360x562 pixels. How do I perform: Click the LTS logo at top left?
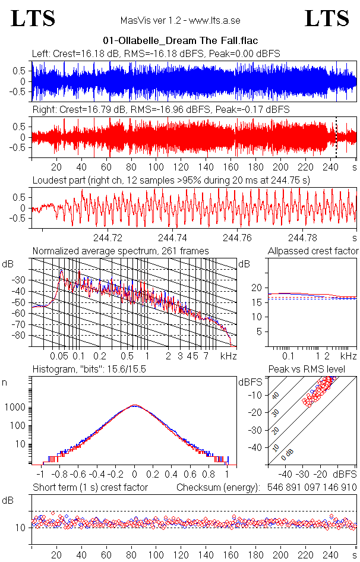[x=33, y=19]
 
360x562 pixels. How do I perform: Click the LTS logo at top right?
[x=327, y=19]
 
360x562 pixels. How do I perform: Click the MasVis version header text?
[x=180, y=21]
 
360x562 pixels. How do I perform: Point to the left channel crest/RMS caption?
[x=156, y=54]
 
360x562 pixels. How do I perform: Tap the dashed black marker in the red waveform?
[x=336, y=137]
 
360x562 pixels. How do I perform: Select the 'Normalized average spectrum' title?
[x=121, y=251]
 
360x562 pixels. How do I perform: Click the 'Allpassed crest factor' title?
[x=313, y=251]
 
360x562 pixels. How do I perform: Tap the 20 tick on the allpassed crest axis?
[x=257, y=288]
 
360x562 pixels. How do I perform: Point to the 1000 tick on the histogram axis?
[x=17, y=408]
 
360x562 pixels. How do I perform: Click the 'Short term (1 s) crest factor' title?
[x=90, y=488]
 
